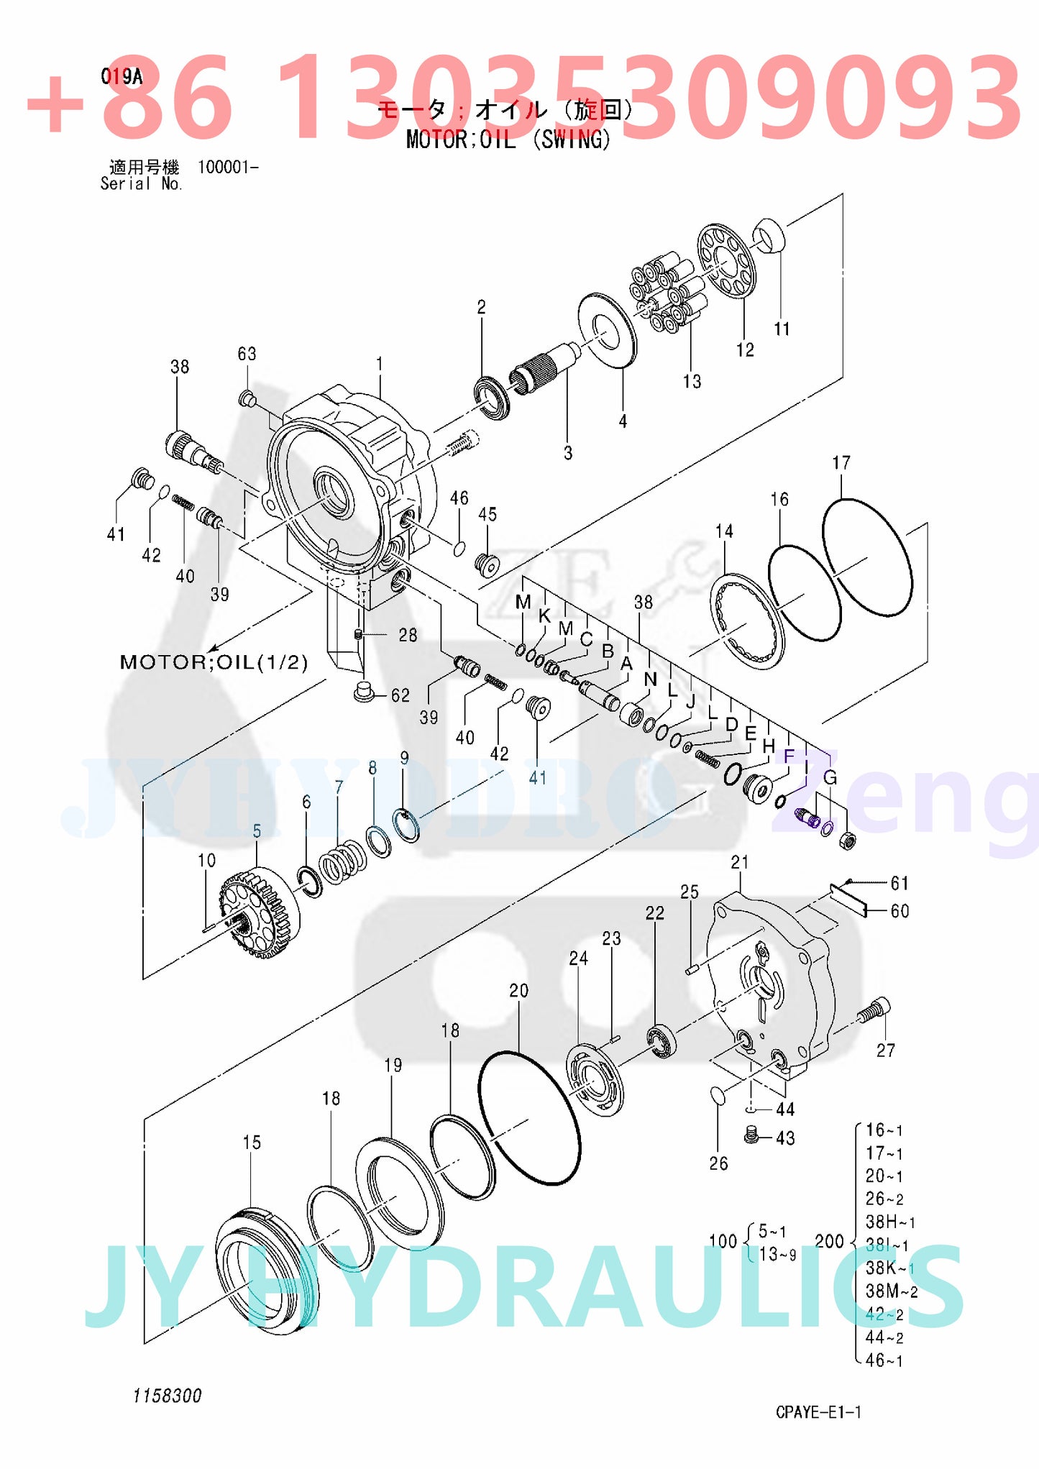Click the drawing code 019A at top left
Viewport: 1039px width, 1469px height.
coord(122,77)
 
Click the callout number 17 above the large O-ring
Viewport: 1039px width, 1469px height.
coord(841,463)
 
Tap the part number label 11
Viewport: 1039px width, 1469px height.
coord(782,329)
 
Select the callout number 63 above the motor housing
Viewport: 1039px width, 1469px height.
coord(247,354)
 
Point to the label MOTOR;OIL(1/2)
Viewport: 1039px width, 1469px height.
coord(214,662)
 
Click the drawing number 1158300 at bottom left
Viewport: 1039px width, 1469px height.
coord(167,1396)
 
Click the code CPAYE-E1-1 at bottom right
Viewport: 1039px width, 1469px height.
coord(818,1411)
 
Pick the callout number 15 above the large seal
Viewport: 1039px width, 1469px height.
coord(252,1143)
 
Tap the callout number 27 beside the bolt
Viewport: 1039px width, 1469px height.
coord(885,1051)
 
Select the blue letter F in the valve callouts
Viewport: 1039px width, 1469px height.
coord(789,756)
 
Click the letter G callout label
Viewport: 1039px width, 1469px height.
coord(830,777)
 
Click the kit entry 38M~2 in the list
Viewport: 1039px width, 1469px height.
coord(891,1291)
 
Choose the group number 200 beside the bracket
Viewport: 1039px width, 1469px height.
coord(829,1241)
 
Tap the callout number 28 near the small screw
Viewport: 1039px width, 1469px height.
coord(408,635)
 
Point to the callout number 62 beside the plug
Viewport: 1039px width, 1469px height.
coord(401,695)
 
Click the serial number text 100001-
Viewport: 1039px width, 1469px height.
coord(228,168)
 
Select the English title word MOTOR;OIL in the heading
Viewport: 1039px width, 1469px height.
coord(461,139)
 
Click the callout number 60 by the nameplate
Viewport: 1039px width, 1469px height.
coord(900,911)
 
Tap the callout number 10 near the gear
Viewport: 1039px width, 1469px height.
coord(206,860)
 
